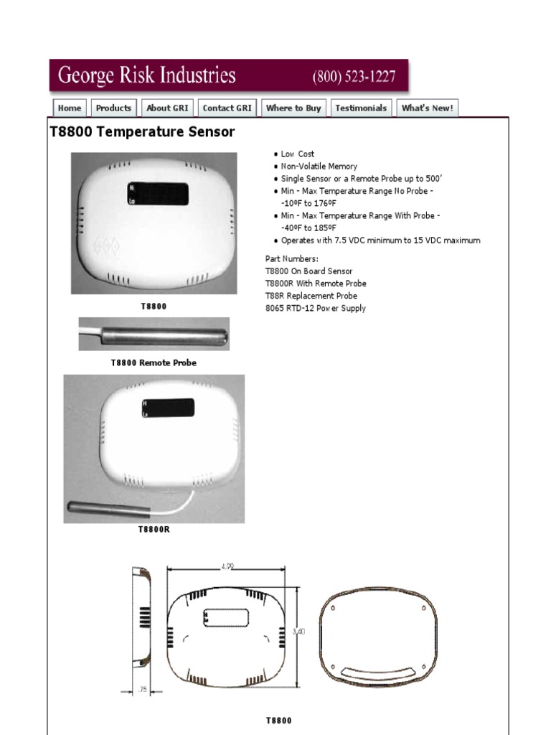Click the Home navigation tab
point(70,108)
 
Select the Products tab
point(113,108)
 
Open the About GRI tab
point(167,108)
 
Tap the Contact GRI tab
point(227,108)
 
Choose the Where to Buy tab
point(293,108)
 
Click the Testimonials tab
point(361,108)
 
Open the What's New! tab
point(427,108)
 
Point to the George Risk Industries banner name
point(146,75)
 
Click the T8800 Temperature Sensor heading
point(142,132)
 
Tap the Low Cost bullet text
point(297,154)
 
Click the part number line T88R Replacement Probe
point(311,296)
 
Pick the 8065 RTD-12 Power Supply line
point(316,309)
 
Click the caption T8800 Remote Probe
point(154,363)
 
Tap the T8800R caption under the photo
point(154,530)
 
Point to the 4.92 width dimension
point(227,566)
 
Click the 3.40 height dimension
point(299,631)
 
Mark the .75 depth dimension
point(143,690)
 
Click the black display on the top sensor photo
point(159,194)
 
